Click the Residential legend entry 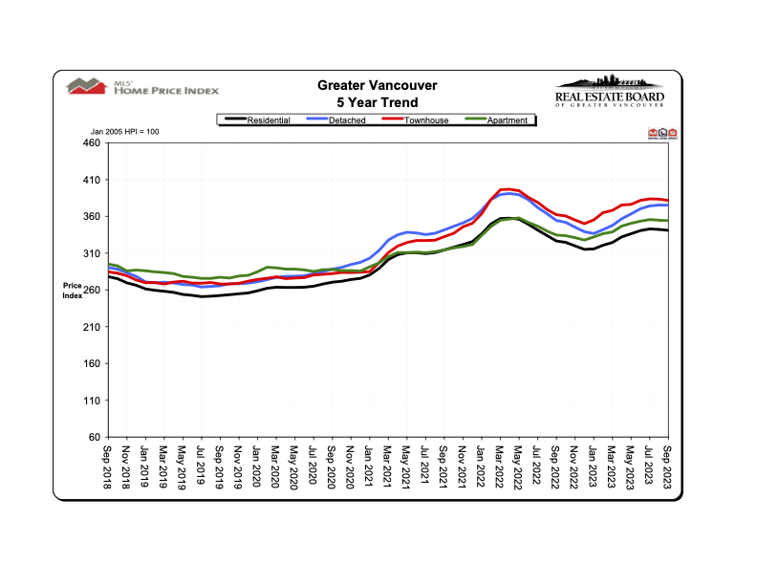pos(257,120)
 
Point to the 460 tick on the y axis pos(91,143)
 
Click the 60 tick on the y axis pos(94,438)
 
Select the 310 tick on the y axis pos(91,253)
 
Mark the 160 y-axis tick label pos(91,364)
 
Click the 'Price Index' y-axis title pos(74,290)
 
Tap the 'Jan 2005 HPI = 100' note pos(124,131)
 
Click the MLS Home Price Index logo pos(142,87)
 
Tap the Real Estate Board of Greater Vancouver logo pos(609,93)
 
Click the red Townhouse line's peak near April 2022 pos(506,189)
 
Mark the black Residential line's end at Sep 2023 pos(666,230)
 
